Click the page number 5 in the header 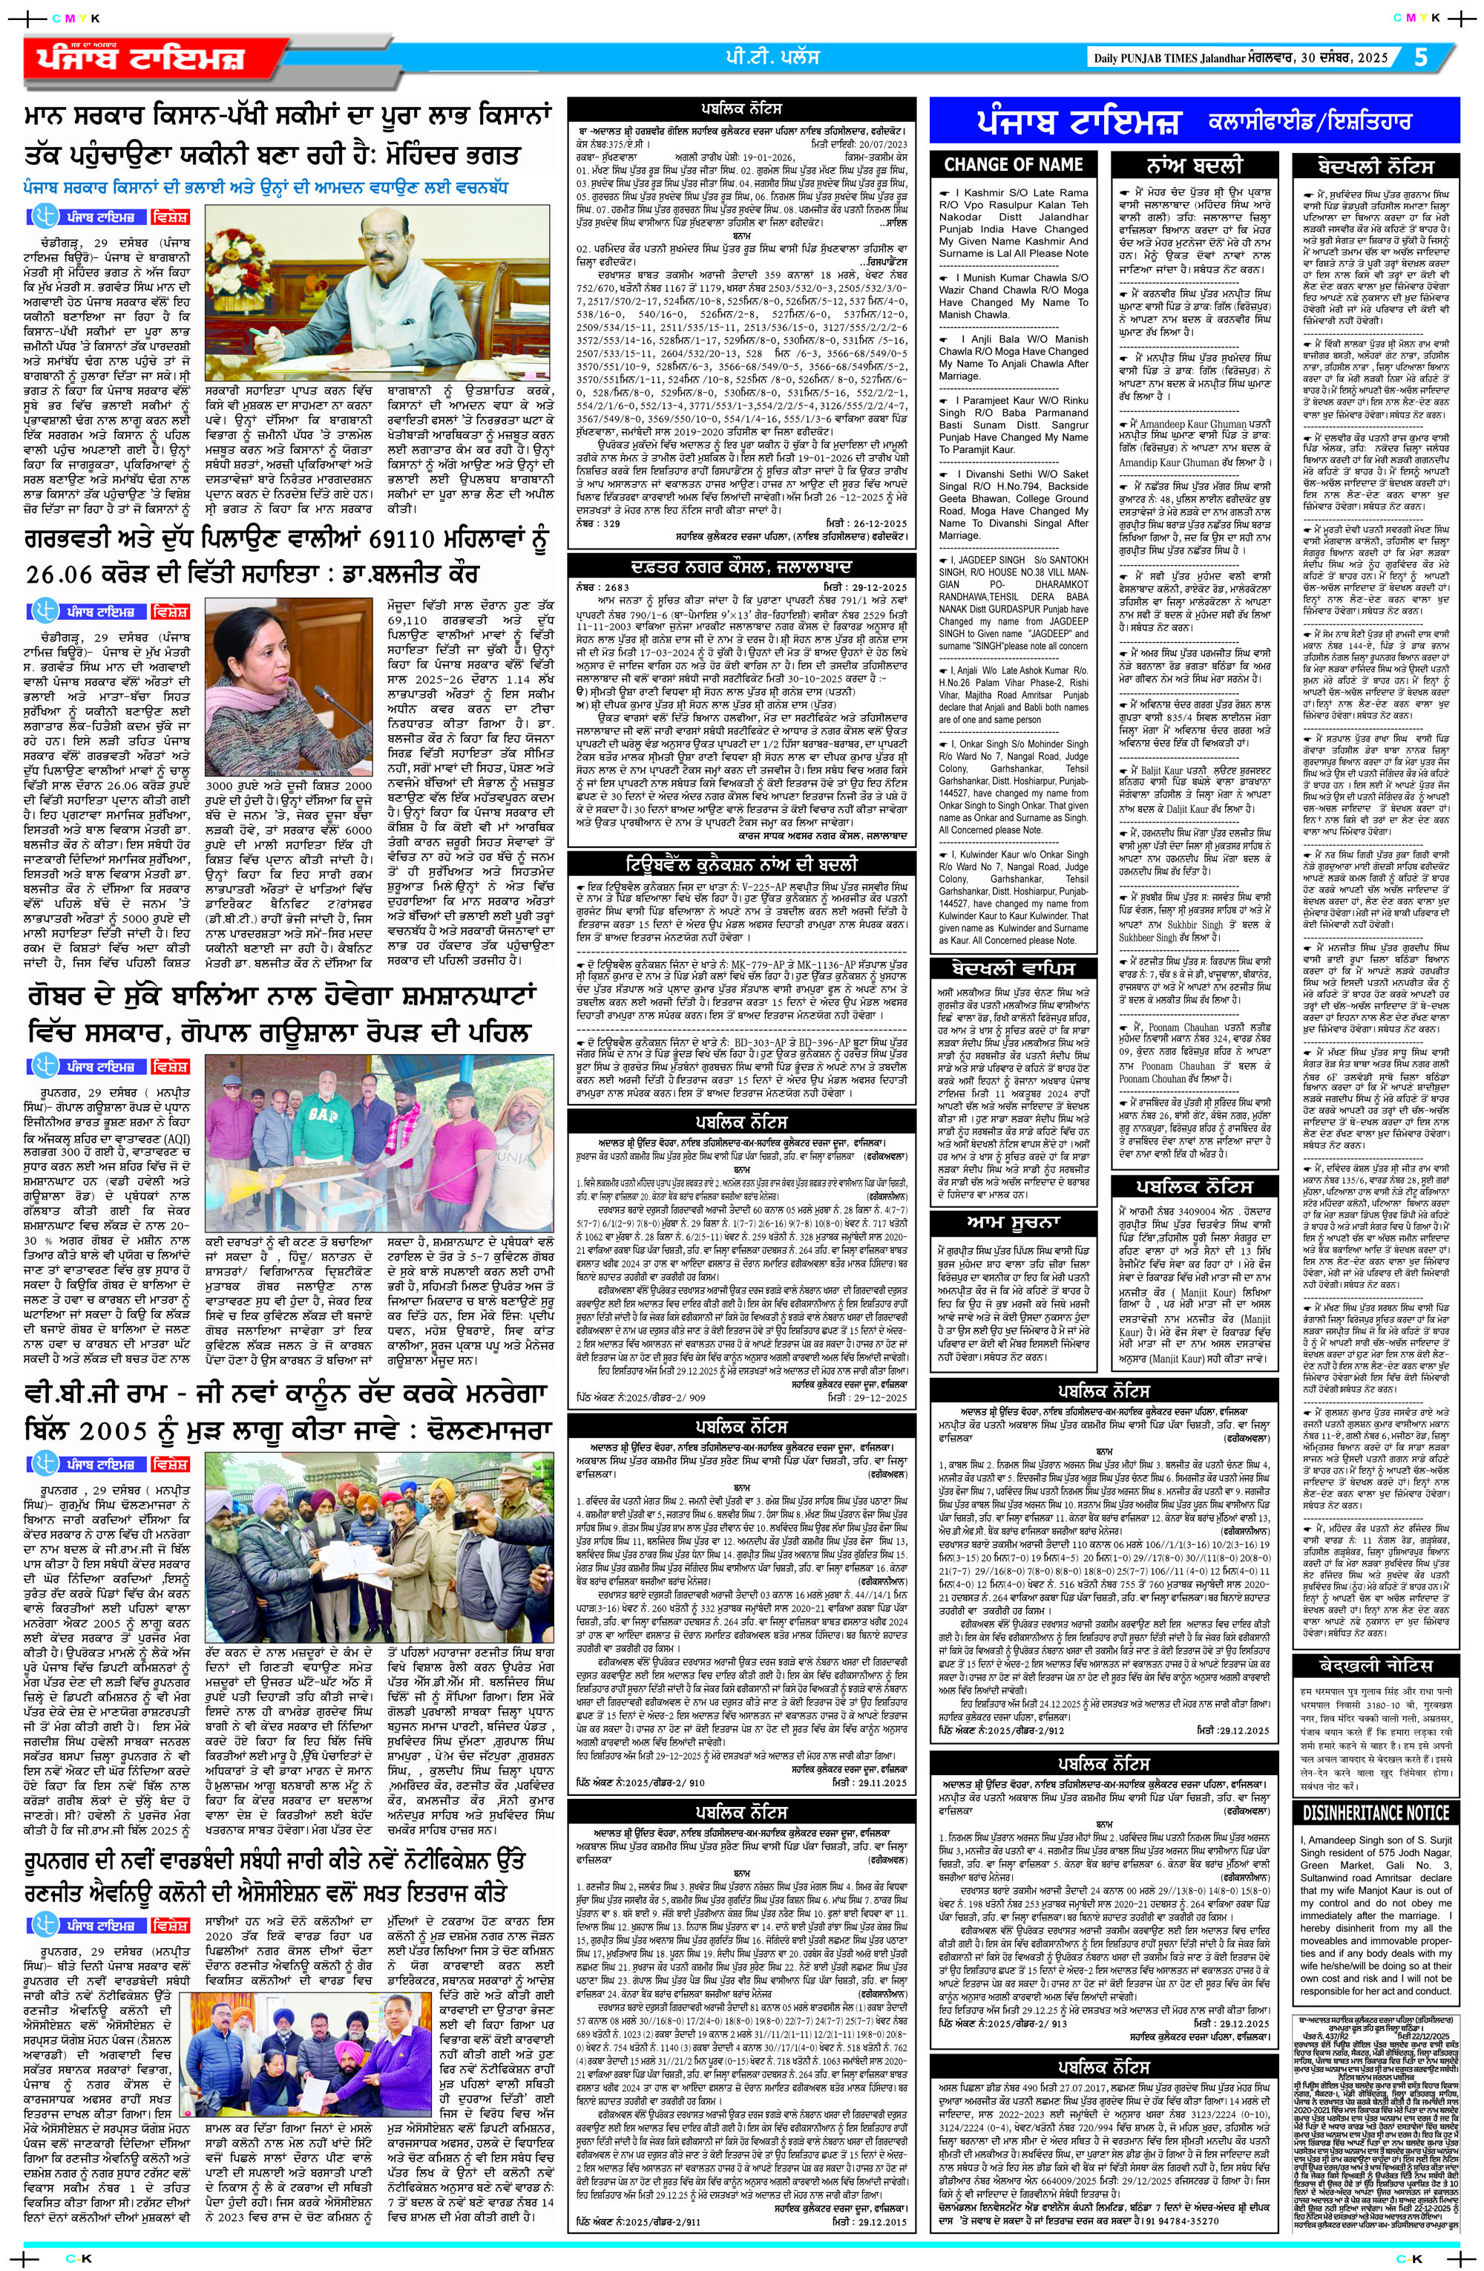coord(1420,57)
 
